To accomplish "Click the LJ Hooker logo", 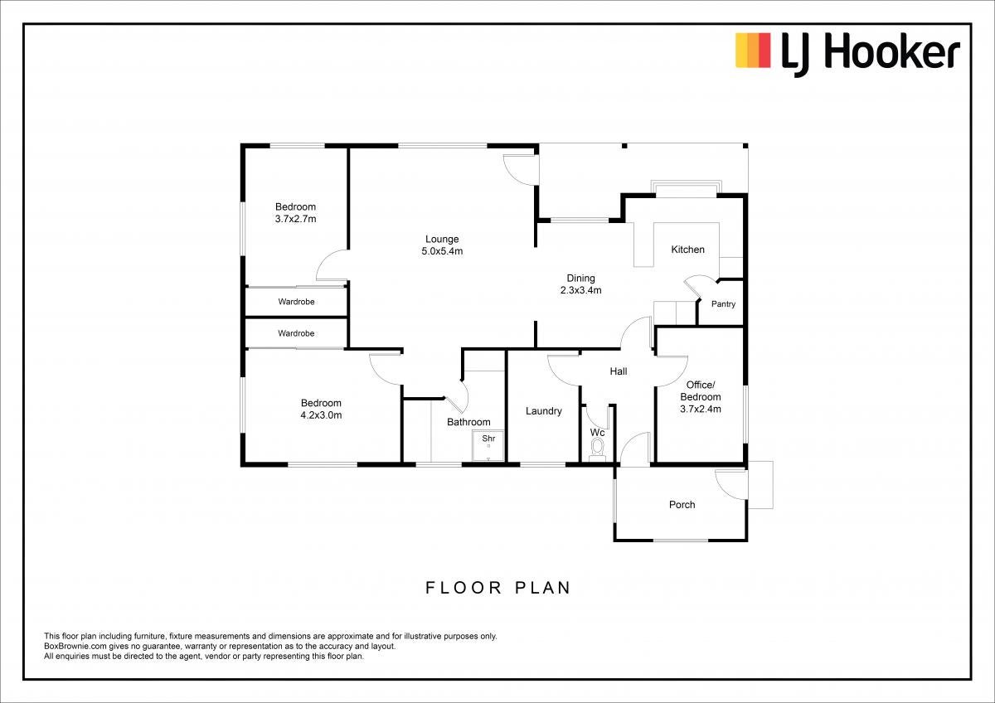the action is click(847, 55).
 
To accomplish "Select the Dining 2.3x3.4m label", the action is click(580, 284).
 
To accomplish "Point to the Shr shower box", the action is click(488, 445).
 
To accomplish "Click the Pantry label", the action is click(723, 304).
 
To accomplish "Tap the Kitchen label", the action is click(687, 250).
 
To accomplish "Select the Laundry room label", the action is click(544, 411).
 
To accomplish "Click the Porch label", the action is click(682, 505).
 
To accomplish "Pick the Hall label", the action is click(619, 371).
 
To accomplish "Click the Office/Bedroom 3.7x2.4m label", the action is click(701, 397).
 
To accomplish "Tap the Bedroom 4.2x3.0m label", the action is click(321, 409).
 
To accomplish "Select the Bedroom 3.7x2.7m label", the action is click(295, 213).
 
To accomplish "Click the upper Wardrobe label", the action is click(296, 302).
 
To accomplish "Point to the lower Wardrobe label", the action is click(296, 333).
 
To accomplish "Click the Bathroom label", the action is click(468, 422).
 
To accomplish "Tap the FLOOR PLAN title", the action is click(498, 588).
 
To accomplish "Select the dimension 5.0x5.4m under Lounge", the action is click(442, 251).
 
